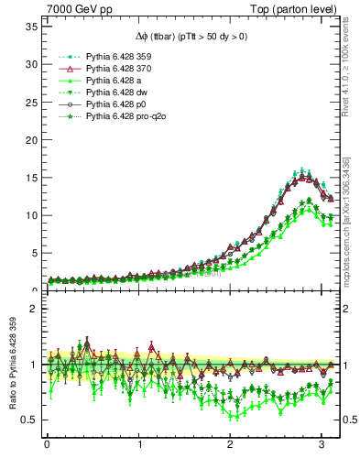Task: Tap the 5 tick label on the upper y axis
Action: pyautogui.click(x=33, y=253)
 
